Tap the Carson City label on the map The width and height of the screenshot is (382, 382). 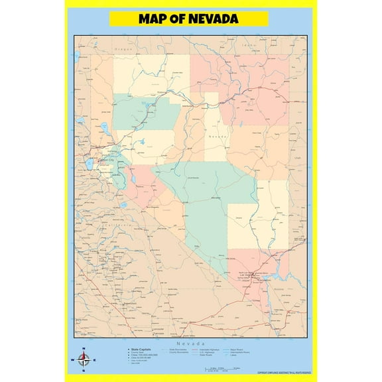[x=106, y=160]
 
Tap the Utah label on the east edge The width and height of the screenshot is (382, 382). [x=297, y=159]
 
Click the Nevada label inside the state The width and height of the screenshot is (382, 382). [x=218, y=136]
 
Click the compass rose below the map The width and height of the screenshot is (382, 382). [x=84, y=361]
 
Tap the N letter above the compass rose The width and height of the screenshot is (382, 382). [x=84, y=350]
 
